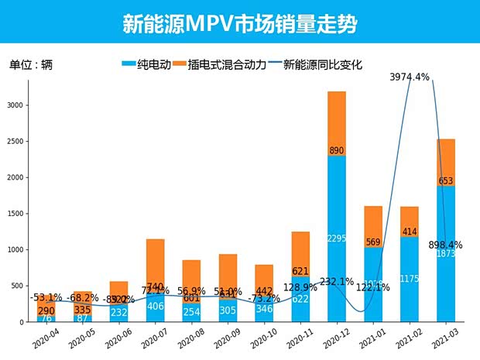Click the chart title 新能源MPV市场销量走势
239,23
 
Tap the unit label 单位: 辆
30,65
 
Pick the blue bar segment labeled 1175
410,279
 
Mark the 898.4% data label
445,245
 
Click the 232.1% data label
336,282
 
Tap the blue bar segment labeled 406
155,307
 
